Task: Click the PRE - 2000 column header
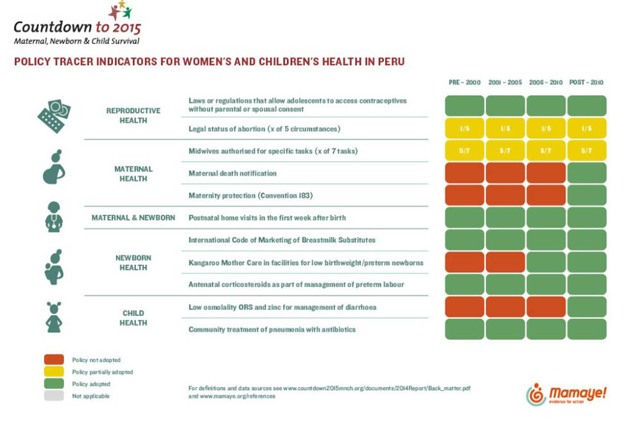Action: click(x=464, y=82)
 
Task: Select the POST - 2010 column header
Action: click(x=586, y=82)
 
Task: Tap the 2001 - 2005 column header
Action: click(x=505, y=82)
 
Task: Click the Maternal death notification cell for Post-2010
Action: click(x=587, y=173)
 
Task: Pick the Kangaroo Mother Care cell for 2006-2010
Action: click(x=546, y=262)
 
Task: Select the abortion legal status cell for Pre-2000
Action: click(x=464, y=129)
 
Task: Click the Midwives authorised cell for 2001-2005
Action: click(x=505, y=151)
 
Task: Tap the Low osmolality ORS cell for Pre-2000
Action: click(x=464, y=307)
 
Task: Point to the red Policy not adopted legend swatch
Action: click(x=54, y=360)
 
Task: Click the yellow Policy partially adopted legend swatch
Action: click(x=54, y=372)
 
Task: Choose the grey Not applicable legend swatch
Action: click(x=54, y=396)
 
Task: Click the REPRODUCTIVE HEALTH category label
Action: click(x=134, y=116)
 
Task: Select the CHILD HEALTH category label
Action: click(x=134, y=318)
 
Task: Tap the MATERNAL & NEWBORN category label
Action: click(x=134, y=218)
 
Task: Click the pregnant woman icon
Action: click(x=54, y=167)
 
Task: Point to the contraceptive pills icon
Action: click(x=54, y=116)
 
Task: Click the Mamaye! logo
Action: click(x=566, y=394)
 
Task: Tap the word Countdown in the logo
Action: click(x=52, y=27)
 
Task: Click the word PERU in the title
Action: click(x=391, y=62)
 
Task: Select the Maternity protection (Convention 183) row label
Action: click(x=250, y=195)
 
